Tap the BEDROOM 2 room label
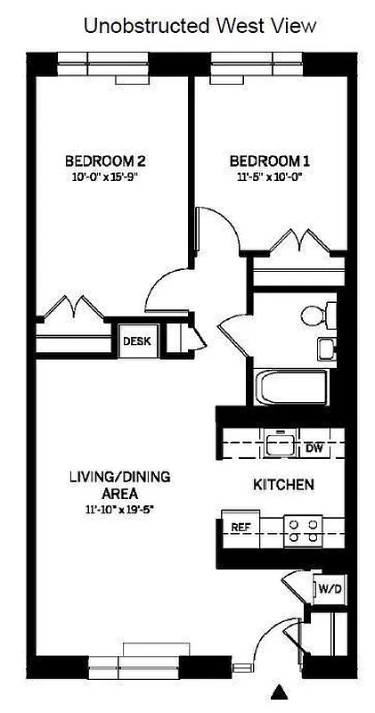[105, 161]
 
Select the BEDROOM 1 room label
[270, 161]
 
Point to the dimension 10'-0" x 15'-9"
[105, 176]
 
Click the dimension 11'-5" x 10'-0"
[270, 176]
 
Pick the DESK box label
[136, 340]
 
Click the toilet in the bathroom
[317, 315]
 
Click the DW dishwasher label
[314, 447]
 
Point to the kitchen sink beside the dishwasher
[280, 443]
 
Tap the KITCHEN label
[283, 485]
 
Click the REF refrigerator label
[240, 527]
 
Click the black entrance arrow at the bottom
[282, 692]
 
